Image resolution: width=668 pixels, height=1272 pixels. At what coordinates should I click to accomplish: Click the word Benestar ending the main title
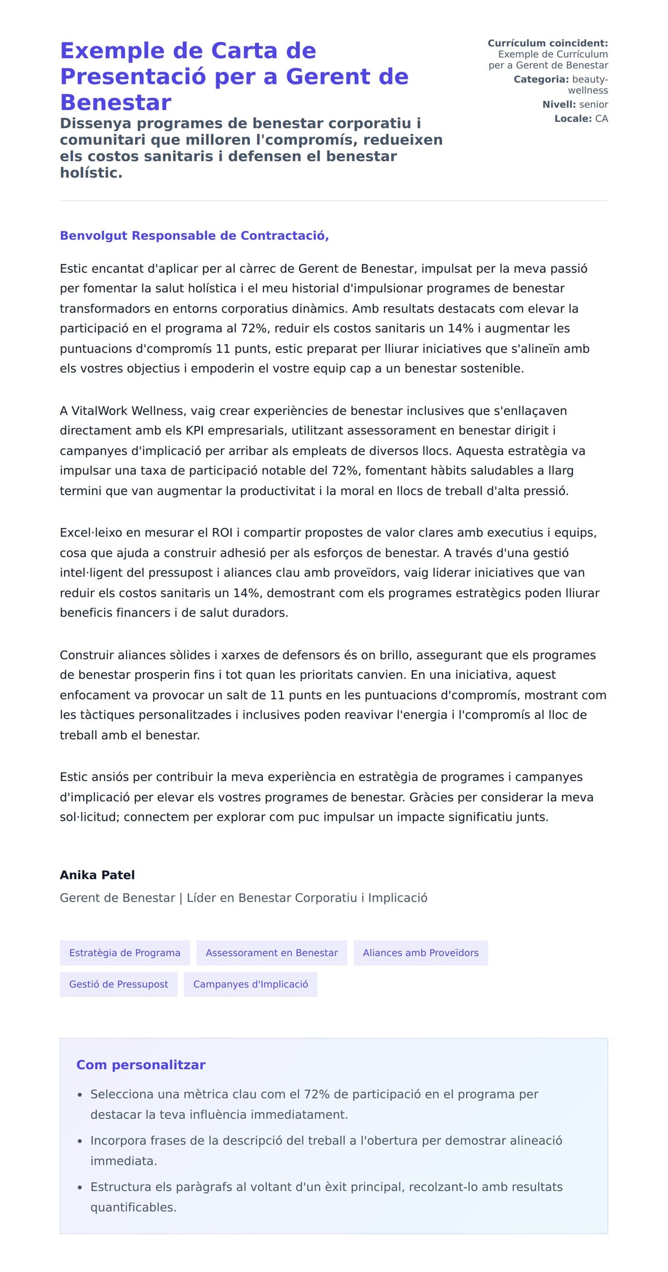point(116,103)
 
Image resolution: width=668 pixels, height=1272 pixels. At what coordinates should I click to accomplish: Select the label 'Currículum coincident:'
point(547,43)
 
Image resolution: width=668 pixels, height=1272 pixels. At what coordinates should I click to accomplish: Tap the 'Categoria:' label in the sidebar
point(541,80)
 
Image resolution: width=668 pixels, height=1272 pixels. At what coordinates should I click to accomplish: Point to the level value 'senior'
point(593,105)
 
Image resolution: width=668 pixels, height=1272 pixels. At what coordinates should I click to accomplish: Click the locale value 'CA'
point(601,119)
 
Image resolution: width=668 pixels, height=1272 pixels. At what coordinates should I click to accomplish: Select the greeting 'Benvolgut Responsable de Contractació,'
point(194,236)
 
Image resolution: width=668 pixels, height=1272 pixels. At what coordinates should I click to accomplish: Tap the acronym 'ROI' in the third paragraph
point(222,533)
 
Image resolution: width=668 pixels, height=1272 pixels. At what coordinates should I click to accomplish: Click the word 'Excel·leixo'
point(91,533)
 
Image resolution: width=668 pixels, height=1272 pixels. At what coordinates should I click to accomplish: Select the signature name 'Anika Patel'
point(97,875)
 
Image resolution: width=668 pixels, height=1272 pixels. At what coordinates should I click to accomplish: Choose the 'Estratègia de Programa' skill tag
point(125,953)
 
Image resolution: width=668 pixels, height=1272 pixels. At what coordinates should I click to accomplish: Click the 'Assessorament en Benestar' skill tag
point(272,953)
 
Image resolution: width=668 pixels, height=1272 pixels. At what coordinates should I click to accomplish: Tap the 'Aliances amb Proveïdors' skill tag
point(420,953)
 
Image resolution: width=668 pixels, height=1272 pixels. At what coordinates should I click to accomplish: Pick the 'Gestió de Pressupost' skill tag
point(119,984)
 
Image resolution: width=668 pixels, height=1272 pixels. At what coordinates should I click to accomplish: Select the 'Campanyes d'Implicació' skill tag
point(250,984)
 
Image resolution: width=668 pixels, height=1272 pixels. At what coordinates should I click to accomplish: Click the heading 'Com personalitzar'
point(141,1065)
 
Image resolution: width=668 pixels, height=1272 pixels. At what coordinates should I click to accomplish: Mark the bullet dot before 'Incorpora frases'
point(80,1141)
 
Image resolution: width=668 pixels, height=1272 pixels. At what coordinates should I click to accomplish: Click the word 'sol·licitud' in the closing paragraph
point(89,817)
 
